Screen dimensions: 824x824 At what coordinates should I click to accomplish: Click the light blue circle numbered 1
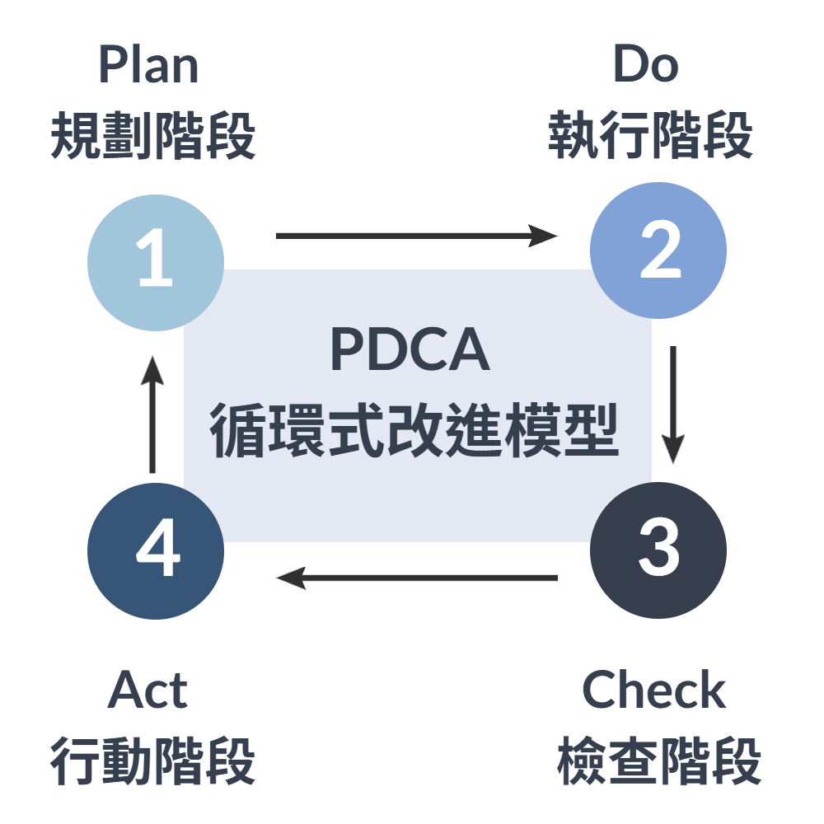pyautogui.click(x=156, y=263)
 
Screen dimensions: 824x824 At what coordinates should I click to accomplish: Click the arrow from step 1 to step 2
pyautogui.click(x=416, y=236)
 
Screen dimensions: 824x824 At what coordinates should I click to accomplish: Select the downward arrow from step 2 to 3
pyautogui.click(x=674, y=404)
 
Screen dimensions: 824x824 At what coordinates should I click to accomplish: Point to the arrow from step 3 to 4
pyautogui.click(x=416, y=578)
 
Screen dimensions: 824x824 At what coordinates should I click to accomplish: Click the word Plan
pyautogui.click(x=149, y=66)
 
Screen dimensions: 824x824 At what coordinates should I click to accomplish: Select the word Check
pyautogui.click(x=654, y=691)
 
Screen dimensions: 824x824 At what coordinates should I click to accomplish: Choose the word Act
pyautogui.click(x=148, y=691)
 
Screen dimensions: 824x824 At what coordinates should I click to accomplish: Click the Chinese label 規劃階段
pyautogui.click(x=153, y=136)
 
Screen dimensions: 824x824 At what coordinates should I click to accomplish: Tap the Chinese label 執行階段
pyautogui.click(x=651, y=136)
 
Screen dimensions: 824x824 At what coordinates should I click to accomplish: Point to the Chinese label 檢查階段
pyautogui.click(x=659, y=762)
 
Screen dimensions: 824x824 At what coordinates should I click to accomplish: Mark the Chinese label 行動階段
pyautogui.click(x=153, y=762)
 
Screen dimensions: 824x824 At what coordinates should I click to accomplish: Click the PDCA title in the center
pyautogui.click(x=410, y=350)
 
